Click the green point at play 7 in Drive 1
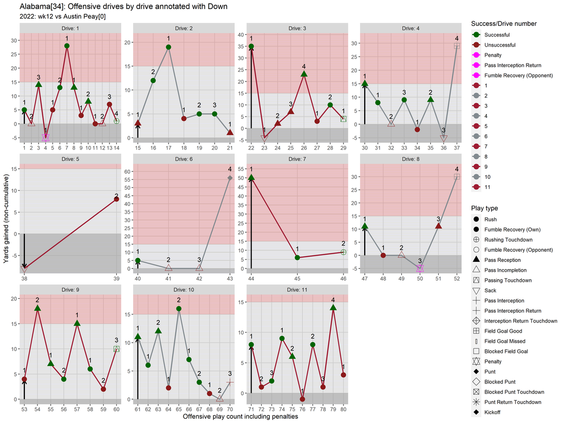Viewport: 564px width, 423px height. point(67,46)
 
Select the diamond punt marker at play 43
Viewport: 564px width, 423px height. point(230,178)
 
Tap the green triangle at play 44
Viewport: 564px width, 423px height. point(251,178)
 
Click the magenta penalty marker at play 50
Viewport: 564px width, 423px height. point(420,269)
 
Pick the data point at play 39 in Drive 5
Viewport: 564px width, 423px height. point(116,199)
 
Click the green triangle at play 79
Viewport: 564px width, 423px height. point(333,308)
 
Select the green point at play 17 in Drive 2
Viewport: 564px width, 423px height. point(169,47)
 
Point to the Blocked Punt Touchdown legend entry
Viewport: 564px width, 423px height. point(514,392)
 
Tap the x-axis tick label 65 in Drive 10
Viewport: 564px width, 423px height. point(179,409)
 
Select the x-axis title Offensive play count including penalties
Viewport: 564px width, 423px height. point(240,417)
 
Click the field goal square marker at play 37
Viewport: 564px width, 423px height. point(457,46)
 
